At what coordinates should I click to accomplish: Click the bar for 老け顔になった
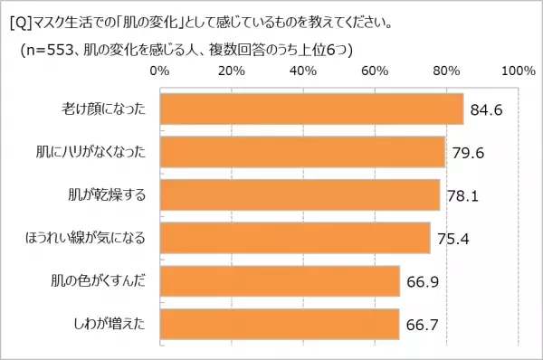pyautogui.click(x=310, y=109)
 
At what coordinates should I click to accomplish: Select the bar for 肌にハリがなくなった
pyautogui.click(x=301, y=152)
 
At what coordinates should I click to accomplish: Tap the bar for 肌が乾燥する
pyautogui.click(x=299, y=194)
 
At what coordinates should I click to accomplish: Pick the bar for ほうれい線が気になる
pyautogui.click(x=294, y=238)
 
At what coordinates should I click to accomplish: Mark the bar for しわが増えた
pyautogui.click(x=279, y=323)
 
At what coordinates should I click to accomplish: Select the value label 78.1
pyautogui.click(x=462, y=195)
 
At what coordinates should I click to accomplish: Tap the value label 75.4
pyautogui.click(x=452, y=239)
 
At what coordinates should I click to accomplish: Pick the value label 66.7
pyautogui.click(x=422, y=324)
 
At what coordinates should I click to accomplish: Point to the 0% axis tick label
pyautogui.click(x=158, y=71)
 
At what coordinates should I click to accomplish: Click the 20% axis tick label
pyautogui.click(x=232, y=71)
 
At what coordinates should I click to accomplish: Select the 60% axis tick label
pyautogui.click(x=375, y=71)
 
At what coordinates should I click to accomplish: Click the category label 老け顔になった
pyautogui.click(x=99, y=110)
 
